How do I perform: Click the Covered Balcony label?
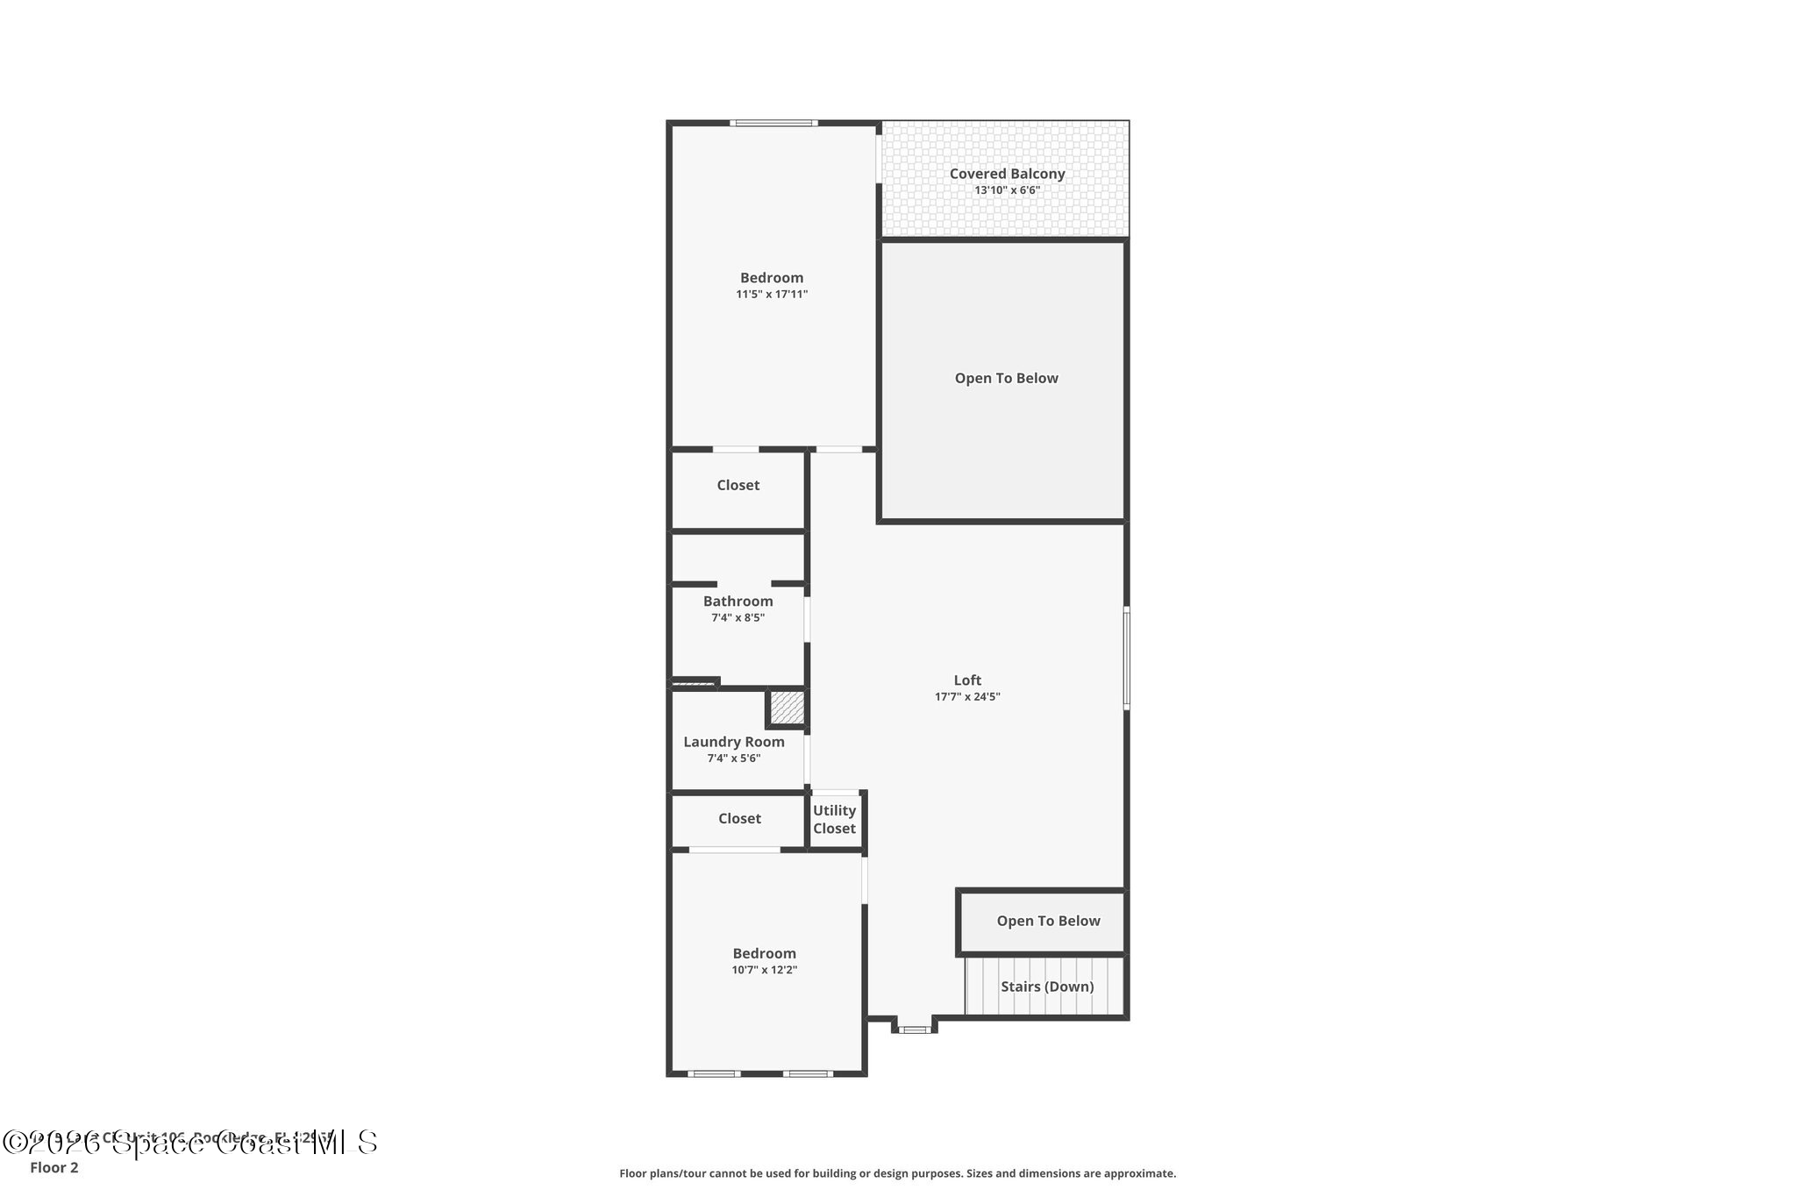(x=1007, y=174)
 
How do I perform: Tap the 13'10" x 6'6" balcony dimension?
(x=1007, y=190)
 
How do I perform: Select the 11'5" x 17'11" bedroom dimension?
(x=772, y=295)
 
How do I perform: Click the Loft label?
(x=967, y=680)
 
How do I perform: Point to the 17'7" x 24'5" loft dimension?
(x=967, y=697)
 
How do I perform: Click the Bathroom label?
(x=738, y=602)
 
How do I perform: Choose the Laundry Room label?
(x=734, y=742)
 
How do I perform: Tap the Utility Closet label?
(x=834, y=819)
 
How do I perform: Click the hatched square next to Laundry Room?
(x=787, y=708)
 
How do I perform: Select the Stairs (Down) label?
(x=1047, y=987)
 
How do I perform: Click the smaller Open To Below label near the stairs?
(x=1048, y=921)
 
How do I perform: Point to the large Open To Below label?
(x=1006, y=379)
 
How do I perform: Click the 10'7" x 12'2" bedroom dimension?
(x=765, y=970)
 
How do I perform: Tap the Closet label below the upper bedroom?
(x=738, y=485)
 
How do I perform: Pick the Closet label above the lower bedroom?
(x=739, y=818)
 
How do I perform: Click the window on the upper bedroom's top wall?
(x=773, y=123)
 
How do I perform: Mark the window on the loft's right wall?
(x=1127, y=658)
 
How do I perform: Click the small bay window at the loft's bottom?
(x=915, y=1030)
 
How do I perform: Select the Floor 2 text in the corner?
(x=54, y=1167)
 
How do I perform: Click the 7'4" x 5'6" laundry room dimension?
(x=734, y=759)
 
